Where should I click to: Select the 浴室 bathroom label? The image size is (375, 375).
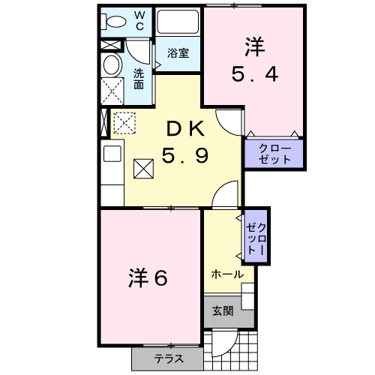click(x=177, y=54)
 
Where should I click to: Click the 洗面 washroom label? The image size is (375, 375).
click(x=139, y=79)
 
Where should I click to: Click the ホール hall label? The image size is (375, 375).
click(x=226, y=274)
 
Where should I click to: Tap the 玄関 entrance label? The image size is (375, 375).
click(x=222, y=310)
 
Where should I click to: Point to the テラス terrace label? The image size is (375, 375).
click(x=169, y=358)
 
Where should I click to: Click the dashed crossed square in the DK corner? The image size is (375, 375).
click(x=123, y=121)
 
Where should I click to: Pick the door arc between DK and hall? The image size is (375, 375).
click(x=225, y=196)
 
